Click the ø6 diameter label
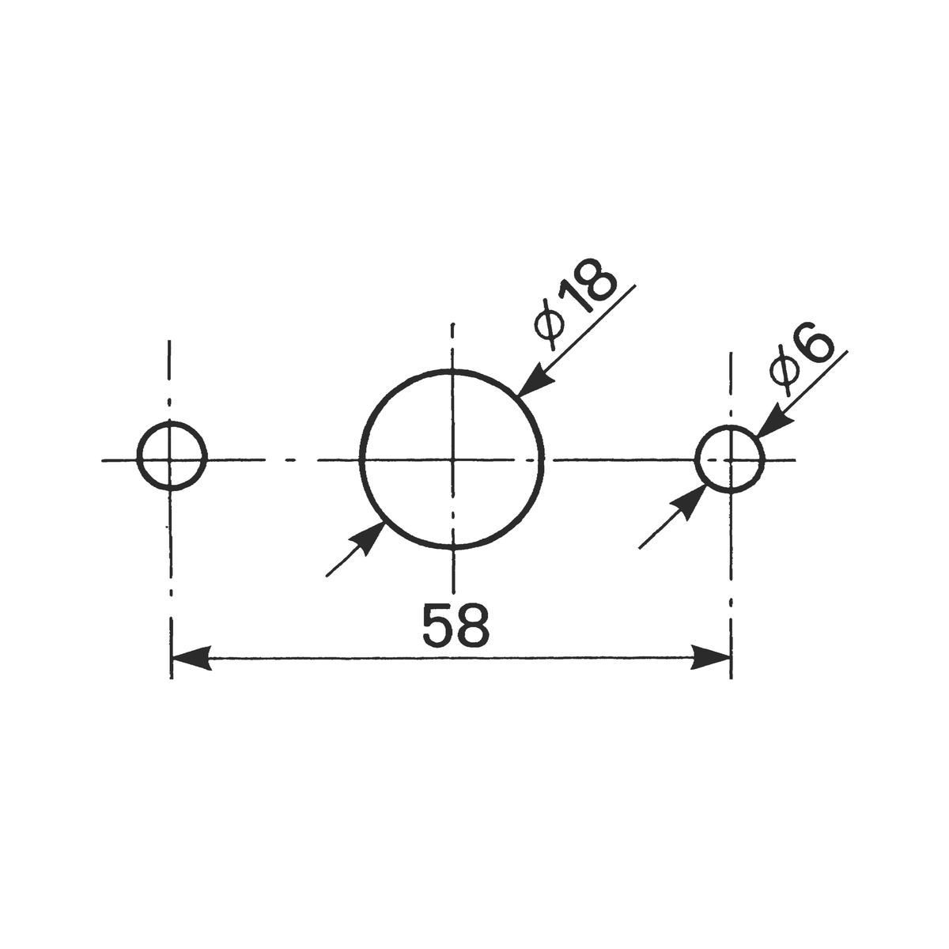pyautogui.click(x=801, y=360)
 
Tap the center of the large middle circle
pyautogui.click(x=452, y=460)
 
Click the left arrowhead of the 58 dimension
pyautogui.click(x=191, y=657)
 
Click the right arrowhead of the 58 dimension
pyautogui.click(x=711, y=657)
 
